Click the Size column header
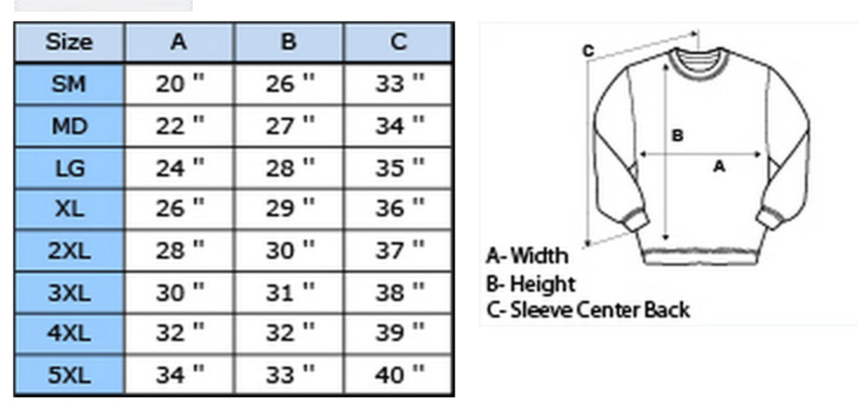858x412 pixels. click(x=69, y=42)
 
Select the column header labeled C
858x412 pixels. click(x=398, y=42)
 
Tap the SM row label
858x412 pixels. click(x=69, y=84)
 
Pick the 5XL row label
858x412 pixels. click(x=69, y=375)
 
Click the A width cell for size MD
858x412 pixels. click(x=180, y=126)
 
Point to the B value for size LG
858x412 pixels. click(x=290, y=168)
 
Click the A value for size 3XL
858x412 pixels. click(x=180, y=293)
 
